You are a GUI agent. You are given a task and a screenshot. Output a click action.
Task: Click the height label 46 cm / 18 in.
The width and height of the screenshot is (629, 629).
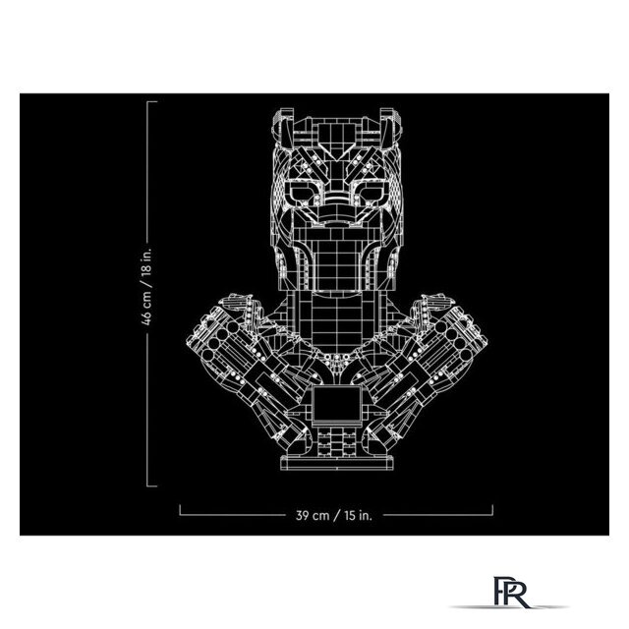click(x=147, y=286)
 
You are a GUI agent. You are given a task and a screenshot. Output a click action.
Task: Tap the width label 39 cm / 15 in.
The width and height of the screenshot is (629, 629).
click(x=334, y=515)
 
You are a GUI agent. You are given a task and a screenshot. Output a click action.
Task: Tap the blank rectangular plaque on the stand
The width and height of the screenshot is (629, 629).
click(x=336, y=404)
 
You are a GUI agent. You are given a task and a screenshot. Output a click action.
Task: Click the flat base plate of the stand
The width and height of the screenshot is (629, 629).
click(x=336, y=463)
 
